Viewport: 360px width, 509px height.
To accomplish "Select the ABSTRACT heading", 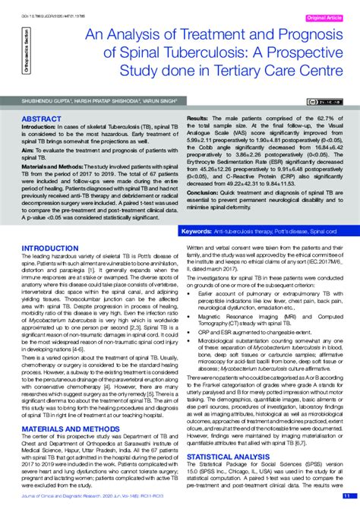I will click(x=43, y=120).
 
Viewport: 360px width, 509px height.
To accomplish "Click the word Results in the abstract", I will click(x=197, y=120).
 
